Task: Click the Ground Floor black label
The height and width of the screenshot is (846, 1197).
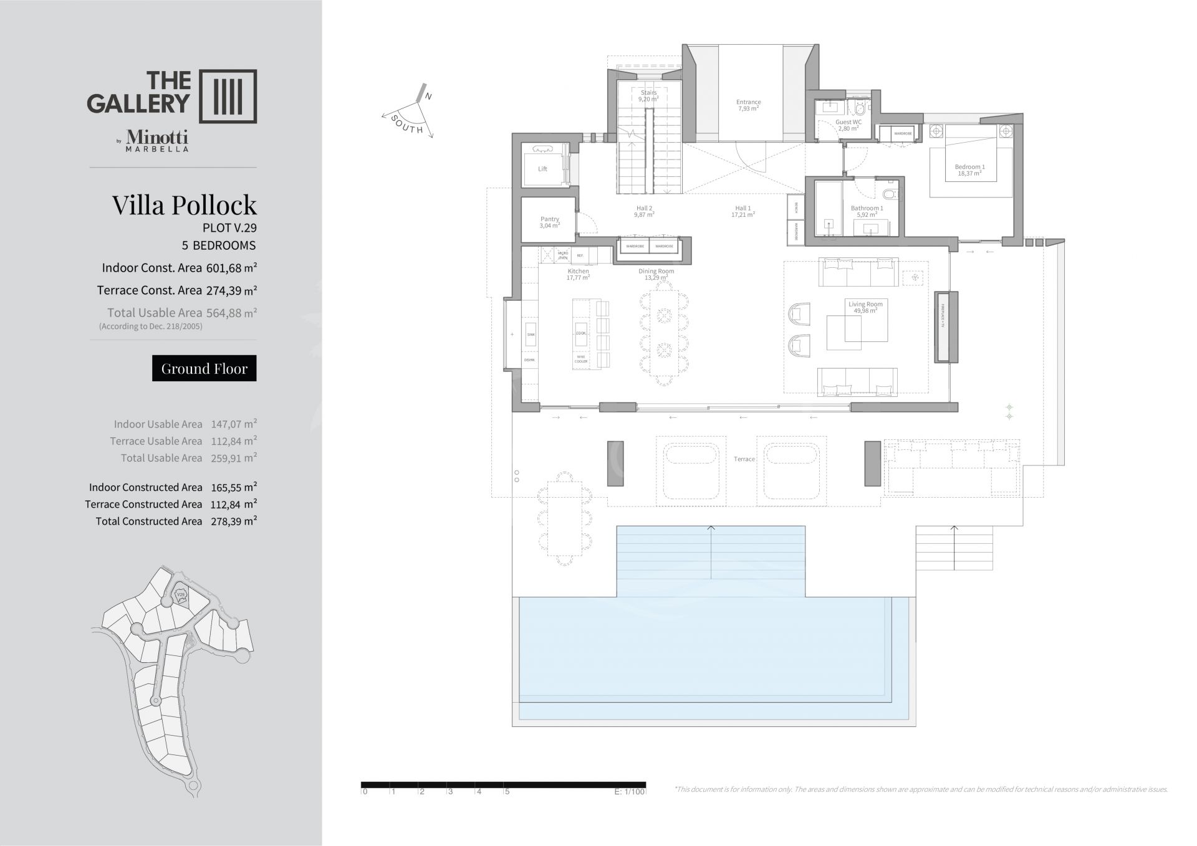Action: pos(204,368)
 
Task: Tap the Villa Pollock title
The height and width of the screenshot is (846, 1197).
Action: pos(185,205)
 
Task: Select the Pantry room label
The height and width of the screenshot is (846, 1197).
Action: pos(549,219)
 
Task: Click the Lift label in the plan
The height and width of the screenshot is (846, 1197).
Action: pos(542,169)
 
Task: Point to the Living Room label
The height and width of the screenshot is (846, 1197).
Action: pos(865,305)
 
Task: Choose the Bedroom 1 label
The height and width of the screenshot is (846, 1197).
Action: pos(969,167)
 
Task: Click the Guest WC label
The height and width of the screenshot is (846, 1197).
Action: pos(848,123)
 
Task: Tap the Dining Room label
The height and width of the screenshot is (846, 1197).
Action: pos(656,272)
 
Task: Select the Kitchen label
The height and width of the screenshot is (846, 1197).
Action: pos(578,272)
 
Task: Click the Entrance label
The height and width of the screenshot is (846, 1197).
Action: pos(748,102)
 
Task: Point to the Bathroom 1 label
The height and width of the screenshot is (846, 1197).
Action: pos(867,209)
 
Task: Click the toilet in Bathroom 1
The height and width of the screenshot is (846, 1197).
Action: pos(891,194)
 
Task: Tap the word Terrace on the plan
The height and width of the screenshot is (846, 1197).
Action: pos(744,459)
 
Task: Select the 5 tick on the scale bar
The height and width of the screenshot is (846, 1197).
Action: pos(507,792)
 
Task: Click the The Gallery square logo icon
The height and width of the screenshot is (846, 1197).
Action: pos(228,96)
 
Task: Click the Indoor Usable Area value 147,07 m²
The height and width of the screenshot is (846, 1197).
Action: pos(234,424)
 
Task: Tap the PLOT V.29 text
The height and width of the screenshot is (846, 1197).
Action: pos(229,228)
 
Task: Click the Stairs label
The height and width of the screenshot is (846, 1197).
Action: pos(648,93)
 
